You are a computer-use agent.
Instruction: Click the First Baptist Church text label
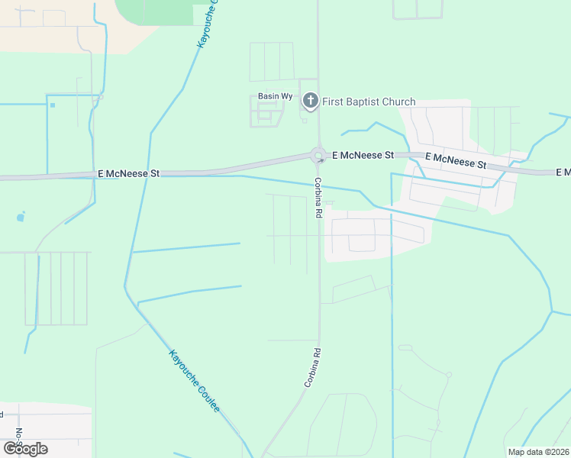pos(369,102)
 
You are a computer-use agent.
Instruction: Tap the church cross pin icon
pos(310,101)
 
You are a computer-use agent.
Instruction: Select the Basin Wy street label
pos(275,96)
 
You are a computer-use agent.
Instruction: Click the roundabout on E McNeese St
pos(318,156)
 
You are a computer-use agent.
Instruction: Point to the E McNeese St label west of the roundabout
pos(128,174)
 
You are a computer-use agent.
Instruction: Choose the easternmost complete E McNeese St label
pos(455,160)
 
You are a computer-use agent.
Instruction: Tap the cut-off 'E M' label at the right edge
pos(563,173)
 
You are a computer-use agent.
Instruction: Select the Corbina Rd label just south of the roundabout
pos(316,198)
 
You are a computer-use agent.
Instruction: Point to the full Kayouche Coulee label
pos(195,382)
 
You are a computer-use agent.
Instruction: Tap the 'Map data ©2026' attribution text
pos(538,451)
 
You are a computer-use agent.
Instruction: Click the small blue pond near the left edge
pos(20,218)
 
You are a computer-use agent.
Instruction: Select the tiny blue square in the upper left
pos(52,105)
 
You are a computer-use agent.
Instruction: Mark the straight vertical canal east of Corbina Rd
pos(391,305)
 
